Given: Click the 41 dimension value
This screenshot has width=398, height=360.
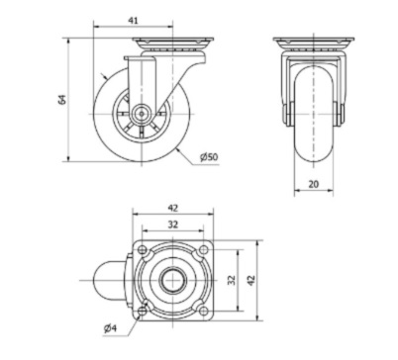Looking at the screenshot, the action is click(133, 21).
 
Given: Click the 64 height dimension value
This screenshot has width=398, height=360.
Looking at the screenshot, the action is click(61, 99).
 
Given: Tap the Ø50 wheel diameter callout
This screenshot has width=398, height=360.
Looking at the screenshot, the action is click(209, 157).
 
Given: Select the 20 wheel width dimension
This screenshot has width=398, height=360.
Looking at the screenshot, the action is click(314, 184).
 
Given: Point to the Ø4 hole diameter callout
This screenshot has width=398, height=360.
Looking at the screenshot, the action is click(110, 328).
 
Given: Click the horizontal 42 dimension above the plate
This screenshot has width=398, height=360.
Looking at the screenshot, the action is click(173, 208).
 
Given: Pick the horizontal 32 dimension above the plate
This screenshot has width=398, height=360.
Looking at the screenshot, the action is click(173, 225).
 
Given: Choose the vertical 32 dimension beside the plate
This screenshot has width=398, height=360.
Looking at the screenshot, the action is click(232, 280).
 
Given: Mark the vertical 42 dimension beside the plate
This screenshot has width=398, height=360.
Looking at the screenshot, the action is click(251, 280).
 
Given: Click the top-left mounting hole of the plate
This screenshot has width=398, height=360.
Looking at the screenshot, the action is click(143, 249).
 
